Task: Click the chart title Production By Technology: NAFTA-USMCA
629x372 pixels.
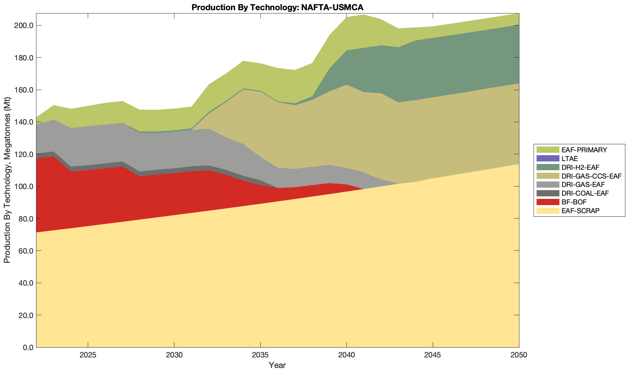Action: [x=277, y=7]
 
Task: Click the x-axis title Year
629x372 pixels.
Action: [x=277, y=365]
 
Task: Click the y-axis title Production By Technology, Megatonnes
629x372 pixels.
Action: [x=7, y=180]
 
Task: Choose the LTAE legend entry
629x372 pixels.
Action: [x=570, y=158]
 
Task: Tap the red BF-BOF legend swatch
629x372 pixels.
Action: [x=547, y=202]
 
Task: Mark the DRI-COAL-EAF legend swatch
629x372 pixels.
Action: [x=547, y=193]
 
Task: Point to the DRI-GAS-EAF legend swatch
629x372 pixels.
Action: [x=547, y=185]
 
